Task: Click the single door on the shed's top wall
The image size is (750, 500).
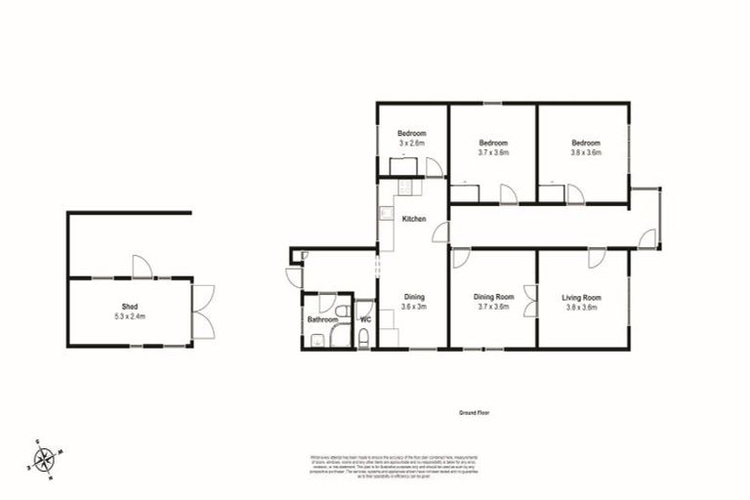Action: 142,267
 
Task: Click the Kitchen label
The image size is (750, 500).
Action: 414,219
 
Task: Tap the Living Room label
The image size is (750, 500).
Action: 581,297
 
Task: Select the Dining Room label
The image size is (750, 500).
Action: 492,297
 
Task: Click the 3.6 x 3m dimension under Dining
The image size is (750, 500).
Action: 414,307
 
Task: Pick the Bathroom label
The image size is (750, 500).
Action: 322,319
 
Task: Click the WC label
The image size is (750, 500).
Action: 365,319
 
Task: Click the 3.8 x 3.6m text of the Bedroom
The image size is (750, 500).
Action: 586,152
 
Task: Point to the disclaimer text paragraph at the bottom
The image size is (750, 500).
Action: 391,463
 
